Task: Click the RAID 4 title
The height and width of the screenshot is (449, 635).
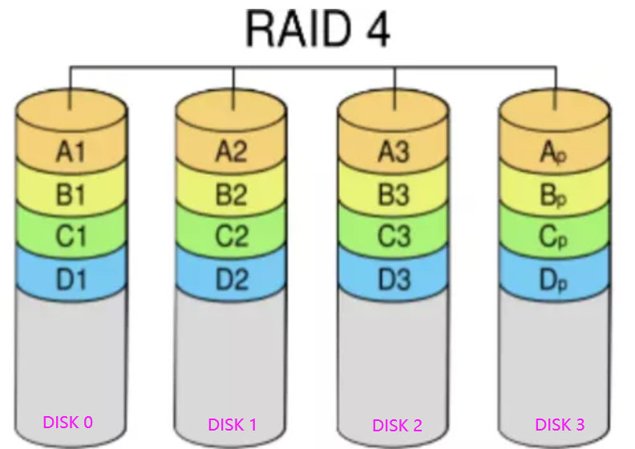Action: point(317,30)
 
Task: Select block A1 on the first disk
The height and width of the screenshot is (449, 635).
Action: point(71,152)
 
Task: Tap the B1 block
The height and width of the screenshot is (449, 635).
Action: point(71,194)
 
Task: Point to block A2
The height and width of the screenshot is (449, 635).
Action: point(233,152)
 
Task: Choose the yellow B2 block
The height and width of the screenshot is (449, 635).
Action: point(233,194)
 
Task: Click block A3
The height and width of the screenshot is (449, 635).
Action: point(394,152)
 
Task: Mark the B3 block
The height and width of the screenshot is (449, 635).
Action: point(394,194)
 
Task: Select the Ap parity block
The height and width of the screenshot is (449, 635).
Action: point(555,152)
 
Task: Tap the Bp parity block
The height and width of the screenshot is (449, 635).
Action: point(555,194)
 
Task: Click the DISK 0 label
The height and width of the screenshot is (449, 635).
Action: point(68,422)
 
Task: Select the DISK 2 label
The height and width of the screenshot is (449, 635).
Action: point(398,425)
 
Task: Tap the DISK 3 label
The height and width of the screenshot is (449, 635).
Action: point(560,424)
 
